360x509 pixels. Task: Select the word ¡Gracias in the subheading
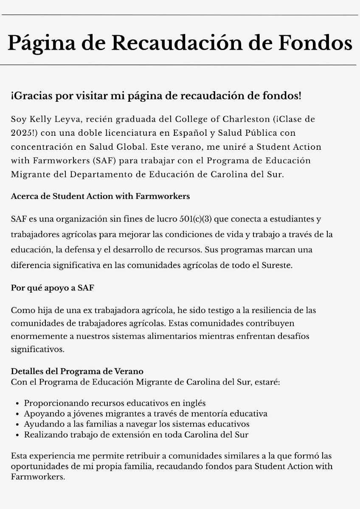click(32, 96)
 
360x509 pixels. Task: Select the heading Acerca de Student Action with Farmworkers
click(100, 196)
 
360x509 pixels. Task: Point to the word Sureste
click(277, 266)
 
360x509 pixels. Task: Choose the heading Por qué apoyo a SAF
click(53, 288)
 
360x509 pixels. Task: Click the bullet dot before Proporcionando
click(17, 403)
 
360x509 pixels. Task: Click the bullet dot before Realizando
click(17, 435)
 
